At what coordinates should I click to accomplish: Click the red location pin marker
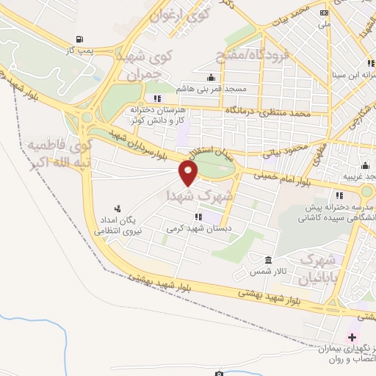pyautogui.click(x=189, y=174)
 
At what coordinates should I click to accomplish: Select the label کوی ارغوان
pyautogui.click(x=181, y=13)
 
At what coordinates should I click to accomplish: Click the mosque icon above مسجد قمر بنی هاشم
pyautogui.click(x=211, y=77)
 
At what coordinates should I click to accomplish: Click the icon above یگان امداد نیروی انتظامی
pyautogui.click(x=116, y=209)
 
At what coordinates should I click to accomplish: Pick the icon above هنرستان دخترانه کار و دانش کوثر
pyautogui.click(x=156, y=98)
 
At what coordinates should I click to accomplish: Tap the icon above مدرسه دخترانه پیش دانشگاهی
pyautogui.click(x=339, y=195)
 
